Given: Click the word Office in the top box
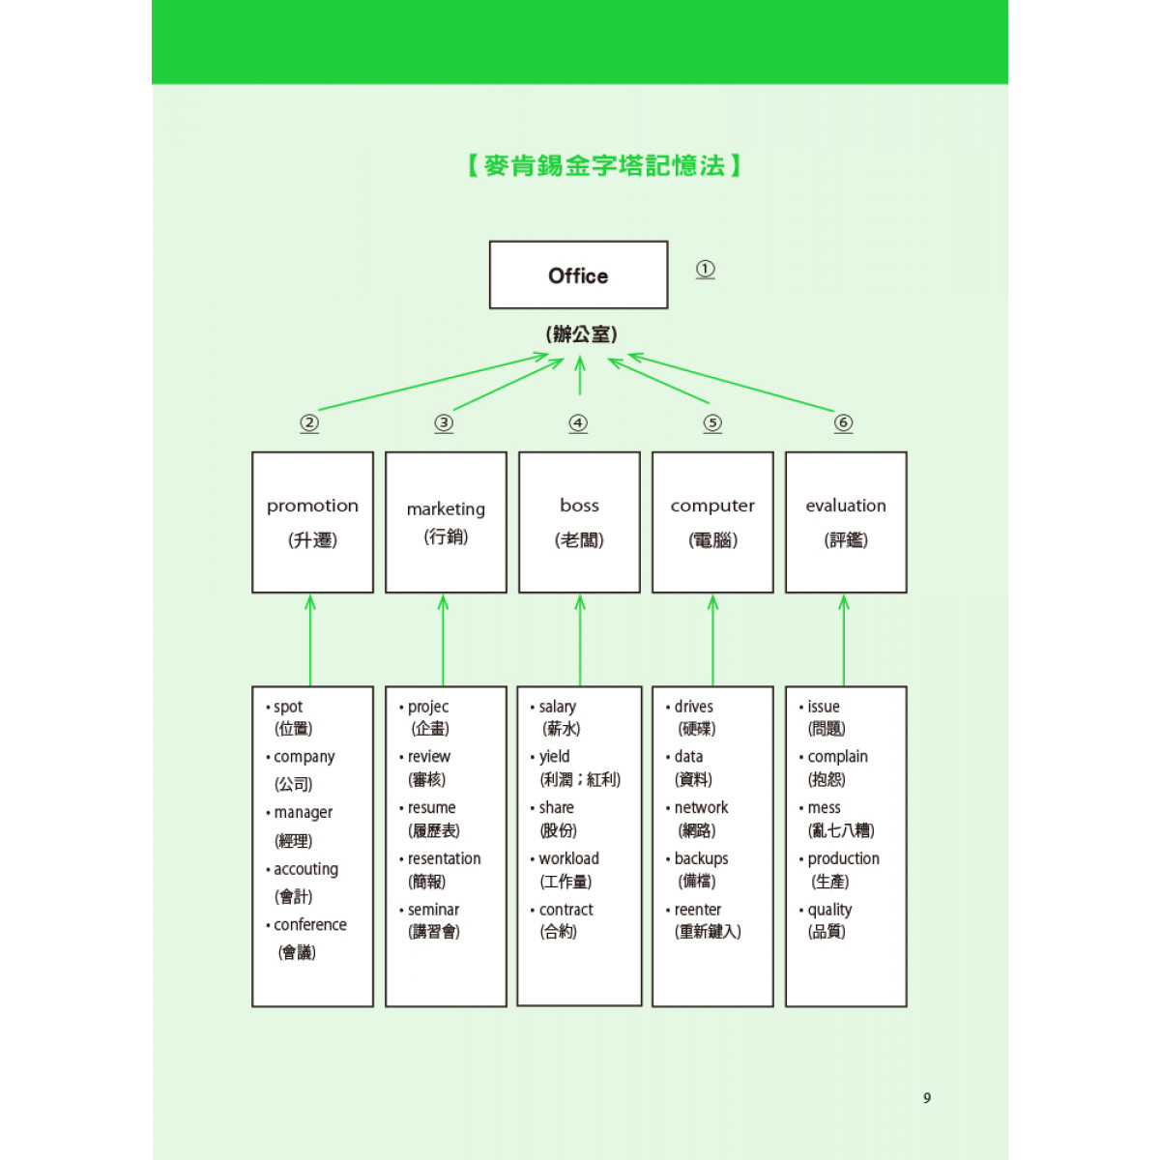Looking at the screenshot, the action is point(578,275).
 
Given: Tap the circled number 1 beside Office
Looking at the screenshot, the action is point(705,269).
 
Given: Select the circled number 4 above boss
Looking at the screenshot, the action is point(578,422).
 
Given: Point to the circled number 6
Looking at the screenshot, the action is point(843,422).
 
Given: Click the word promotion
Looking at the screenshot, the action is point(312,507).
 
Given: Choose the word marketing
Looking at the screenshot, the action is point(446,509).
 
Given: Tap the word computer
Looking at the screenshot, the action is point(712,507).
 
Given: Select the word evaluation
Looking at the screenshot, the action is point(846,506).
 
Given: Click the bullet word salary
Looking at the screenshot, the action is point(558,707).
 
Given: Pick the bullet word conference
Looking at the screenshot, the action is point(310,924).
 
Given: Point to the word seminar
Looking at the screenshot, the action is point(433,909).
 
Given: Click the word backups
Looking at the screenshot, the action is point(701,858).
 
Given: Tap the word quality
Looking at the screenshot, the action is point(829,911).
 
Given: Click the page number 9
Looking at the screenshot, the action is point(927,1098).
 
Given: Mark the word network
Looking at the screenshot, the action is point(701,807).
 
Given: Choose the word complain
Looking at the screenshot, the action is point(837,757).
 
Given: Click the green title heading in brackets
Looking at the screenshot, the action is point(604,165).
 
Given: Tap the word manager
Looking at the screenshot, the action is point(304,813).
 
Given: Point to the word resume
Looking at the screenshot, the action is point(431,807).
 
